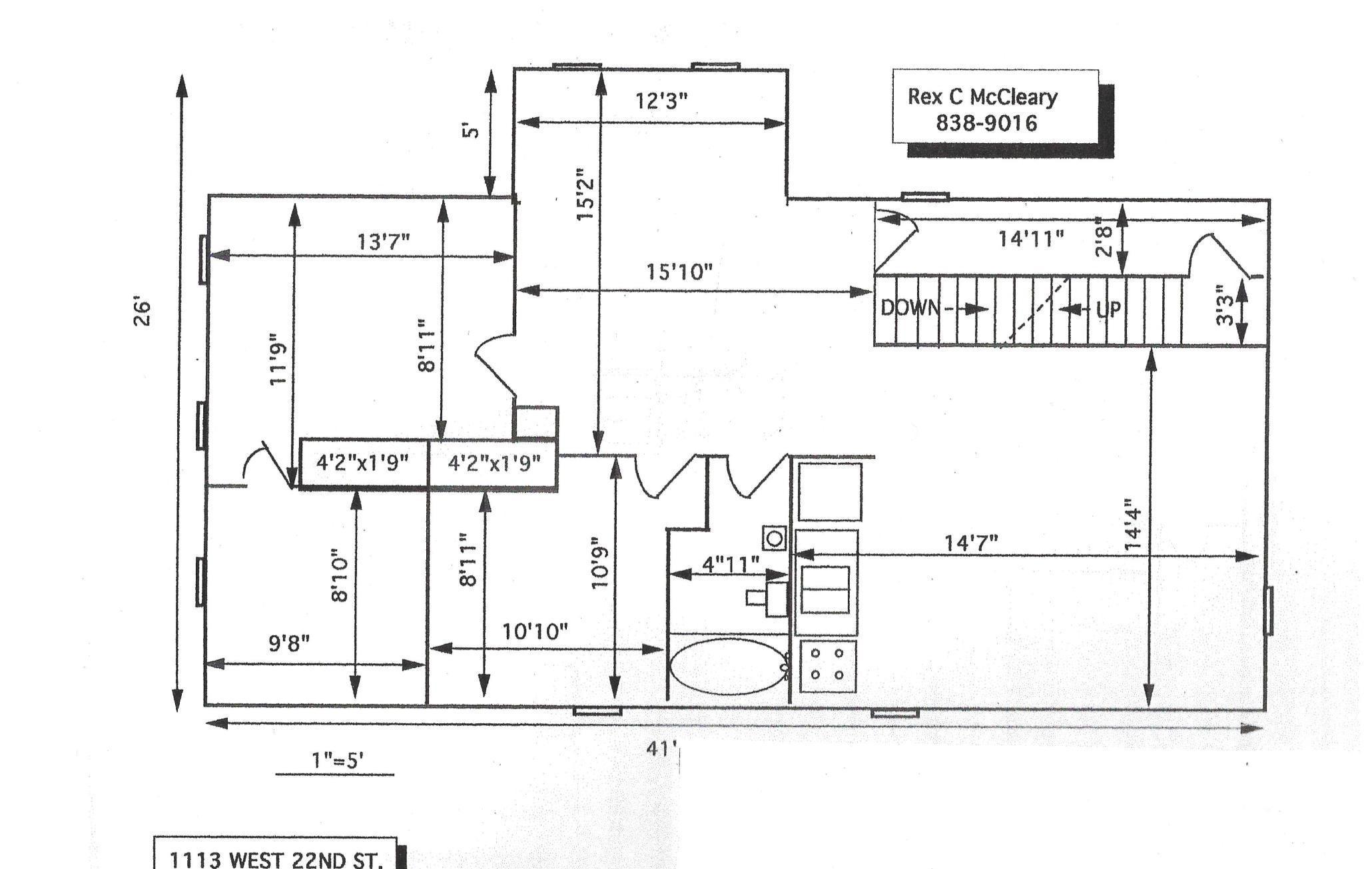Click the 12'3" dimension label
coord(661,101)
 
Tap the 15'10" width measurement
coord(679,272)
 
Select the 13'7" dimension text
coord(384,241)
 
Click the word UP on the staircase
coord(1108,309)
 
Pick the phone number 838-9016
coord(986,123)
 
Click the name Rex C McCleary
coord(982,97)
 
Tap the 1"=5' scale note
coord(337,760)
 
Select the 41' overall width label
coord(661,749)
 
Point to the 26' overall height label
coord(143,313)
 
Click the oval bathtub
coord(729,667)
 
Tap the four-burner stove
coord(827,666)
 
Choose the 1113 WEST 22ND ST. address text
coord(276,860)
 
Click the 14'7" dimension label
coord(971,543)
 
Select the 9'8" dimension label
coord(289,643)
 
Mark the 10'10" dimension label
coord(535,631)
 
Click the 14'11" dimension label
coord(1031,238)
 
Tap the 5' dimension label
coord(471,130)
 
